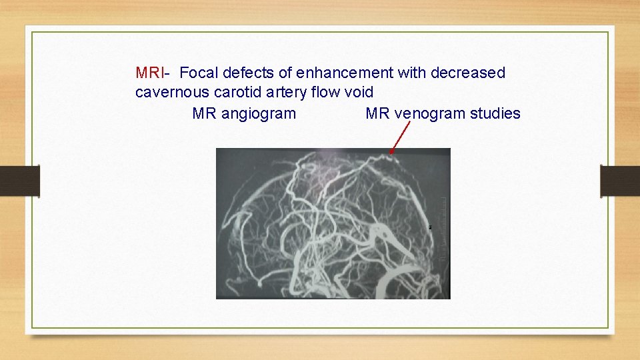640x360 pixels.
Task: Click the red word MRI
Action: point(147,73)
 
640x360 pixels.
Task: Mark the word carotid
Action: point(237,93)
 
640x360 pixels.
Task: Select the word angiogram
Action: point(259,113)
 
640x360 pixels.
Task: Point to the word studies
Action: point(495,113)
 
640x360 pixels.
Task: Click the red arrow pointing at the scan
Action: point(399,139)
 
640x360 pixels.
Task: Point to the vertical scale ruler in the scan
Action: point(443,227)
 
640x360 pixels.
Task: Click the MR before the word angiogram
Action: point(205,113)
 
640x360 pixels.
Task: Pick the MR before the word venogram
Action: point(378,113)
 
